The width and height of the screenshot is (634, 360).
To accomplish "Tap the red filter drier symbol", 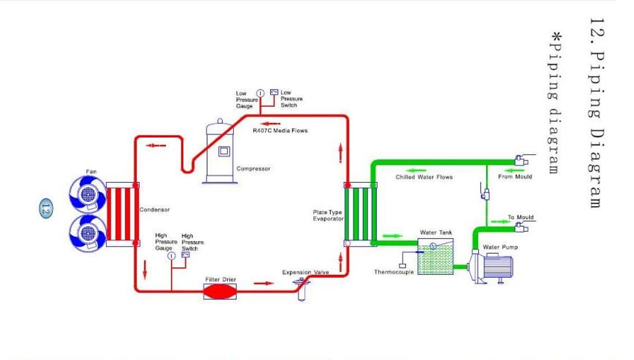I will (x=220, y=291).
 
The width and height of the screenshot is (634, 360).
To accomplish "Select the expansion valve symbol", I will (x=302, y=288).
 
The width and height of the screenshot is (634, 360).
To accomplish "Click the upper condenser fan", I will (x=88, y=194).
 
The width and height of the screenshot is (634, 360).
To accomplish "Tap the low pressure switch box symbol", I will (x=274, y=93).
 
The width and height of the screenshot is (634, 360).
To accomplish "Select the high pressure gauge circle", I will (x=172, y=256).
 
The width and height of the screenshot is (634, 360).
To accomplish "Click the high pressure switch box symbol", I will (x=186, y=254).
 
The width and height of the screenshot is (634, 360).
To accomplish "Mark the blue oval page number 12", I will (x=45, y=208).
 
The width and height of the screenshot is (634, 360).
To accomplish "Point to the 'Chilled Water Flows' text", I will (x=424, y=177).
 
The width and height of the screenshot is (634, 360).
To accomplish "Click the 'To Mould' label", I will (x=520, y=217).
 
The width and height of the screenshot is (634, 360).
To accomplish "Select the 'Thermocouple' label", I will (x=394, y=272).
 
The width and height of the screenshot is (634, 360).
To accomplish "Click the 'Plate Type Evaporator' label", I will (x=328, y=215).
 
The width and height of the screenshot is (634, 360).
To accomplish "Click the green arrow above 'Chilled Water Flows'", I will (x=417, y=170).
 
